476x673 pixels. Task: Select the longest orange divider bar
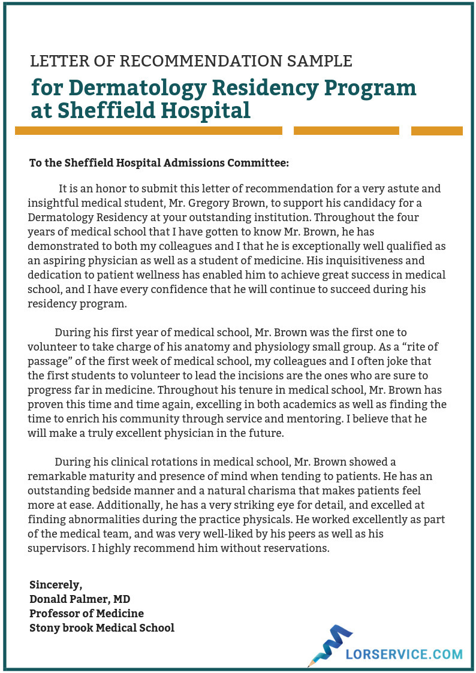(149, 131)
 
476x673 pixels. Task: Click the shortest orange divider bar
(436, 131)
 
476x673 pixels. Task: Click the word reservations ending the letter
(298, 548)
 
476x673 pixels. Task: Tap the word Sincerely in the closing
(56, 585)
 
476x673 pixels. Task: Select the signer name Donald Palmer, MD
(80, 599)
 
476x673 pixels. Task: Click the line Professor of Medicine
(86, 614)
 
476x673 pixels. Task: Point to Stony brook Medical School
(102, 628)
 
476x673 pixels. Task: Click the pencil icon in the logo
(327, 645)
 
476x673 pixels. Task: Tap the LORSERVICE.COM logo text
(404, 654)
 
